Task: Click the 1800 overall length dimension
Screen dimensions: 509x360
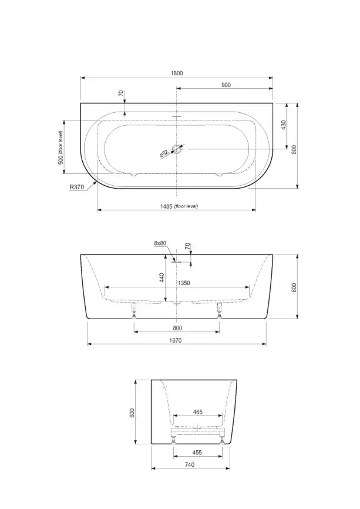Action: (x=177, y=73)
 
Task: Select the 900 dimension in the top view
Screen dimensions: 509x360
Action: (x=226, y=85)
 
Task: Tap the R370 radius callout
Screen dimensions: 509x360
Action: (x=77, y=187)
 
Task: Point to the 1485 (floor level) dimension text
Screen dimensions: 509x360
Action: (x=177, y=206)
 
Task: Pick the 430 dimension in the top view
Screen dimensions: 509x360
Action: (x=282, y=125)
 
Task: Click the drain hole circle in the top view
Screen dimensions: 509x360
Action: (x=177, y=149)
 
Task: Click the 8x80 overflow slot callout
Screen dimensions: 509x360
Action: (x=160, y=243)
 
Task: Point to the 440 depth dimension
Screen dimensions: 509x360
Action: (x=162, y=277)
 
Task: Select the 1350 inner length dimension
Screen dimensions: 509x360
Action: (x=184, y=283)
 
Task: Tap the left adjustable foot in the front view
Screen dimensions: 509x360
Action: (x=134, y=309)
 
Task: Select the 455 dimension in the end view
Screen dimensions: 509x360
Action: (x=197, y=453)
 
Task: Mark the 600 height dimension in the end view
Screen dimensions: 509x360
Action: (x=133, y=413)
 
